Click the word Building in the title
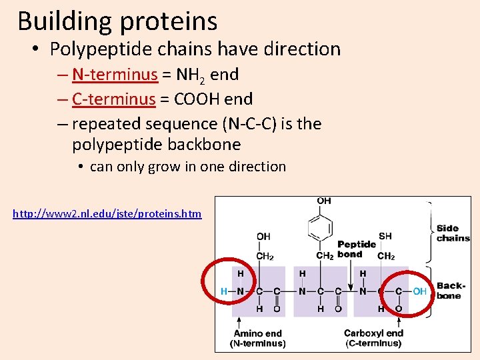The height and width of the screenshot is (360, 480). coord(65,21)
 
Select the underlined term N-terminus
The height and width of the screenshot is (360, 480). coord(115,75)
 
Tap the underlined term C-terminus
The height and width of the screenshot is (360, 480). coord(114,99)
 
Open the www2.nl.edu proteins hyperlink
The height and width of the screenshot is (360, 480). coord(107,214)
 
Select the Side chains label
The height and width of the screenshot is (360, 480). coord(453,233)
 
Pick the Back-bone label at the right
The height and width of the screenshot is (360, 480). coord(450,291)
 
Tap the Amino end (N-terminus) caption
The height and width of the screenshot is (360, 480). coord(257,338)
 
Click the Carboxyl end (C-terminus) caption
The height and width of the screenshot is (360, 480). coord(373,338)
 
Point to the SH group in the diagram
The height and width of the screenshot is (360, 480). coord(385,236)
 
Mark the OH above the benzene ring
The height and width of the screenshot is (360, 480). coord(324,201)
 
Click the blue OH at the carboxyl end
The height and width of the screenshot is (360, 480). coord(419,291)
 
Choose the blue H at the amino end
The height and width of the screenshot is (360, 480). coord(225,291)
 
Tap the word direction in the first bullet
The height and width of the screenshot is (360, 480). coord(302,49)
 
